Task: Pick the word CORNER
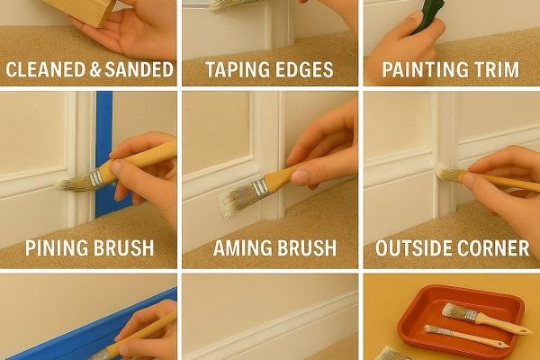pos(494,247)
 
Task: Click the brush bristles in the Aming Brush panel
pos(237,200)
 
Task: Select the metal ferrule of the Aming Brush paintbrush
pos(260,186)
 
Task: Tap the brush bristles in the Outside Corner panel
pos(445,174)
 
